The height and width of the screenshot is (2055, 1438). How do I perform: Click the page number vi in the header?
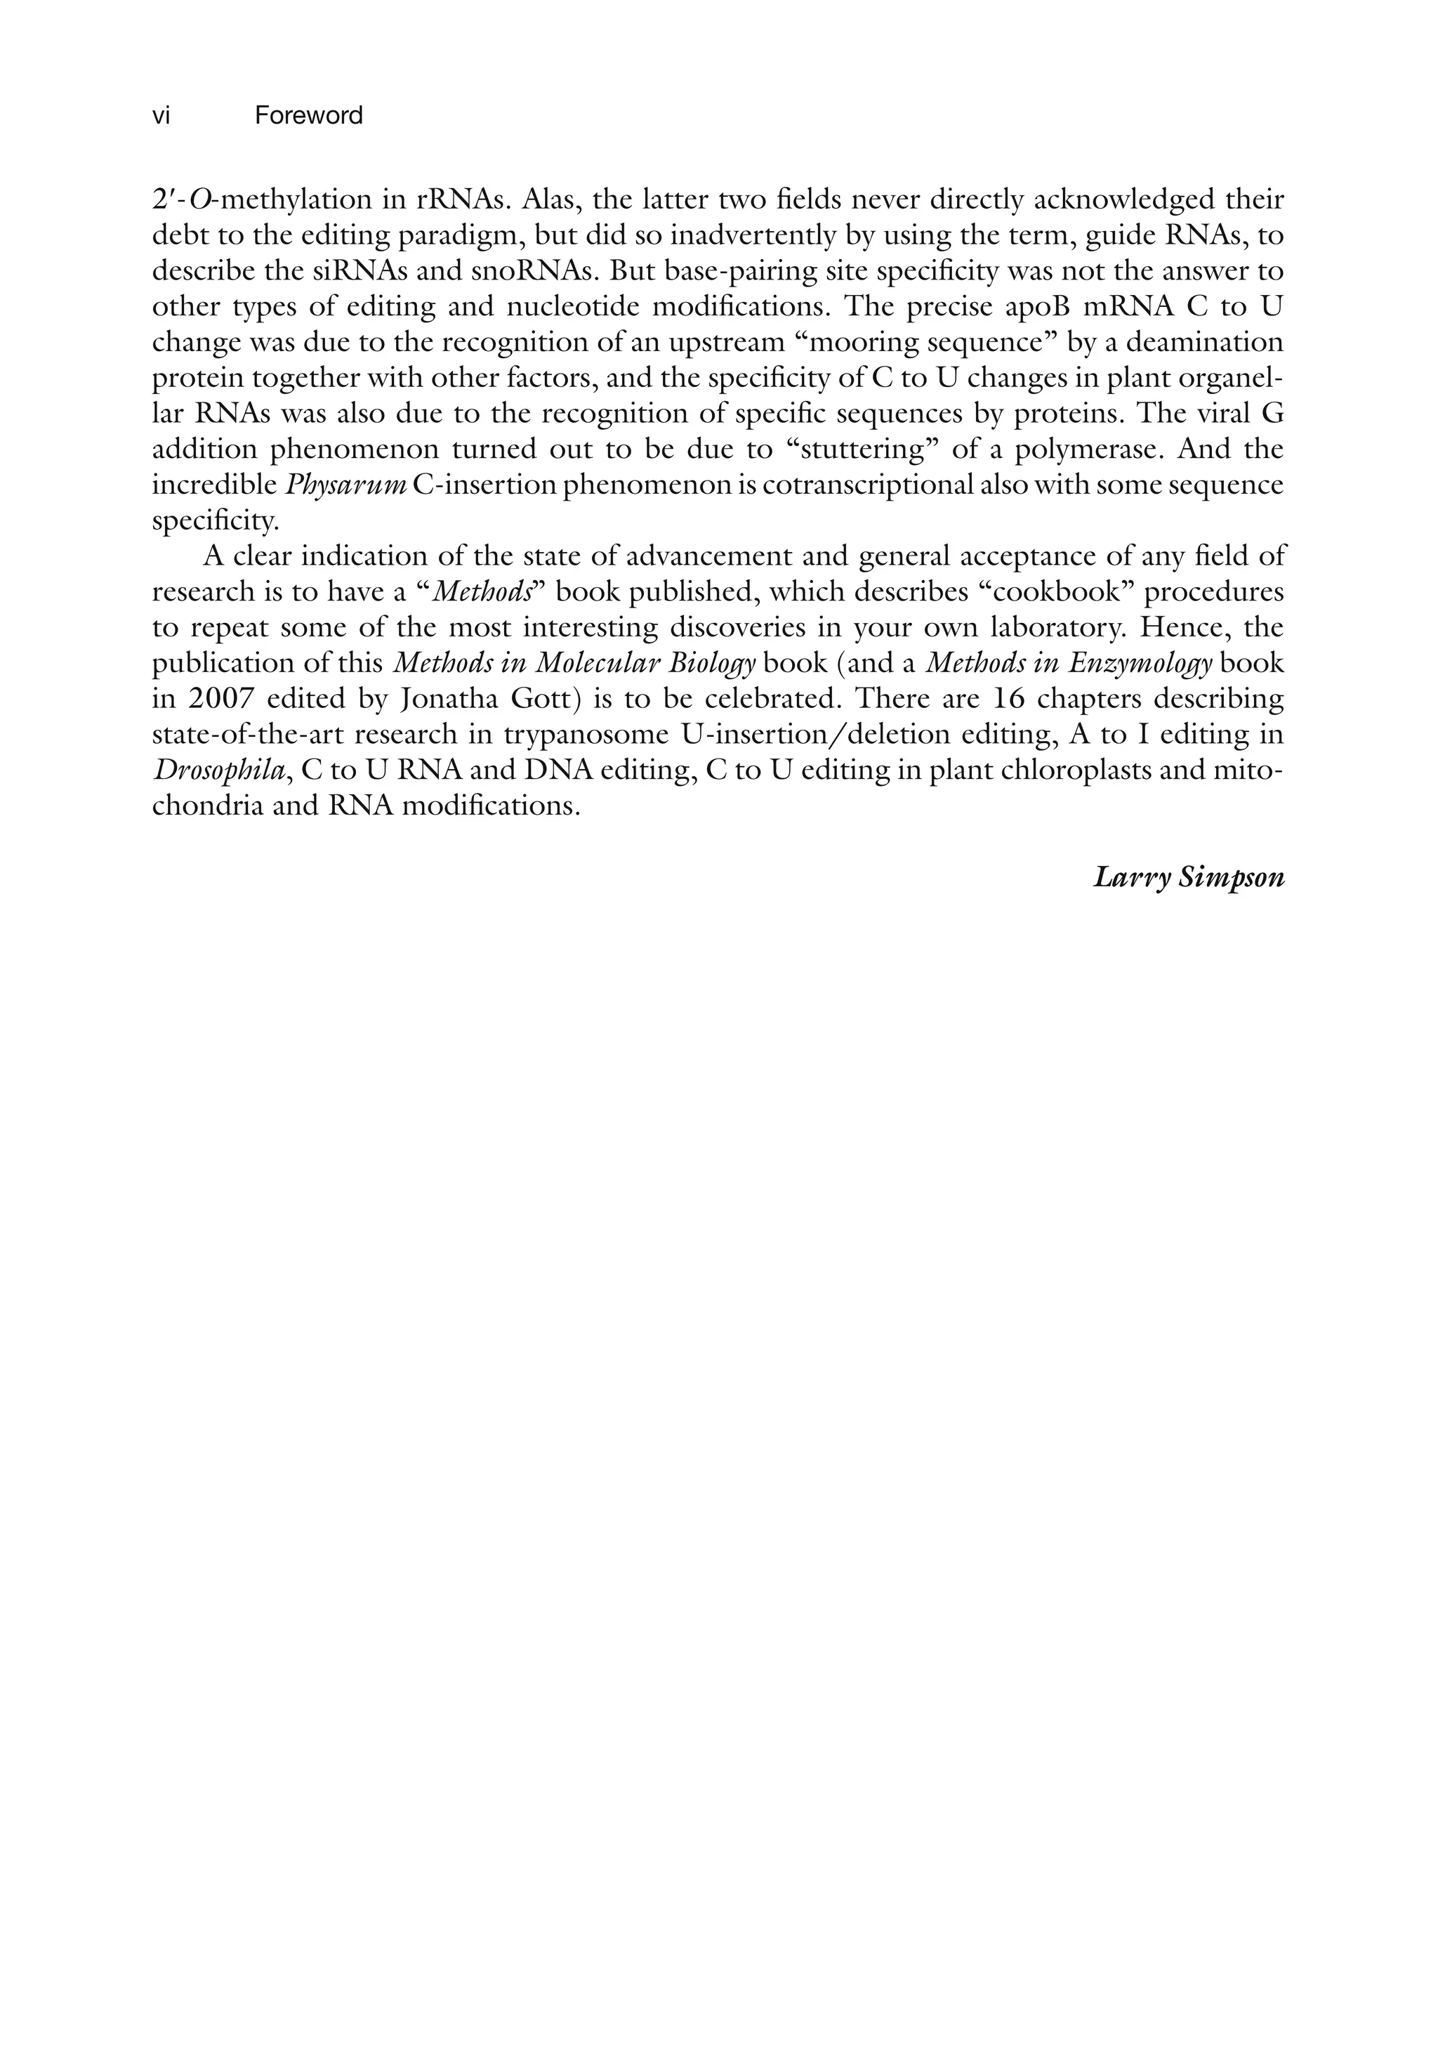[x=161, y=117]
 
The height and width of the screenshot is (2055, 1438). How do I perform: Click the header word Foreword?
[x=309, y=117]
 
